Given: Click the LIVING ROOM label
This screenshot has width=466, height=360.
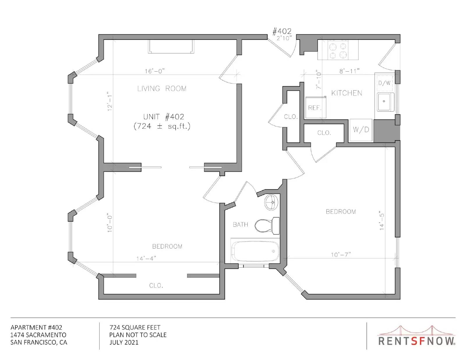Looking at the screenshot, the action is click(162, 88).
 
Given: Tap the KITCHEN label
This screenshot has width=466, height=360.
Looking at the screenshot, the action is click(347, 93).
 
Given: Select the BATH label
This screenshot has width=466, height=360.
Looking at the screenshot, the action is click(240, 225).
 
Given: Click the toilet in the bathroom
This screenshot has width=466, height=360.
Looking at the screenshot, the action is click(267, 226).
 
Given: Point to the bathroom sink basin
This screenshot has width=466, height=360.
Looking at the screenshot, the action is click(271, 202).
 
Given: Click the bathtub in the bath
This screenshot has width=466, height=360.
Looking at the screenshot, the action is click(255, 251).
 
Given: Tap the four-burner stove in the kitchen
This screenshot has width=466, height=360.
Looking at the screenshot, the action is click(338, 50).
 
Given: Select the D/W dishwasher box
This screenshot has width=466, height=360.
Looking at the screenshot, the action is click(385, 83).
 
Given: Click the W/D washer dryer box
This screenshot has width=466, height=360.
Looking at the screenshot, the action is click(361, 130).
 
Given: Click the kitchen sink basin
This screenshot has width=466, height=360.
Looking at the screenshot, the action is click(385, 102).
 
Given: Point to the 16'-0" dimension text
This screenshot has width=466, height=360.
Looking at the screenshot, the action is click(155, 71).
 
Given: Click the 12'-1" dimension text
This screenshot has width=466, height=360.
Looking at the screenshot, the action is click(110, 101).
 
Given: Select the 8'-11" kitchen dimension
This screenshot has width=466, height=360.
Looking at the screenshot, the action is click(349, 71).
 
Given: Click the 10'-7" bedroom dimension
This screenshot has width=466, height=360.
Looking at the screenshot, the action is click(341, 255).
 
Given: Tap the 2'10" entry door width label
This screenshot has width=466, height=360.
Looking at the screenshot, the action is click(284, 39).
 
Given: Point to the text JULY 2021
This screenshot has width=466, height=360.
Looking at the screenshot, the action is click(124, 343).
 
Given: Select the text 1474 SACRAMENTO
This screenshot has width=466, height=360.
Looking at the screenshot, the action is click(38, 335).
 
